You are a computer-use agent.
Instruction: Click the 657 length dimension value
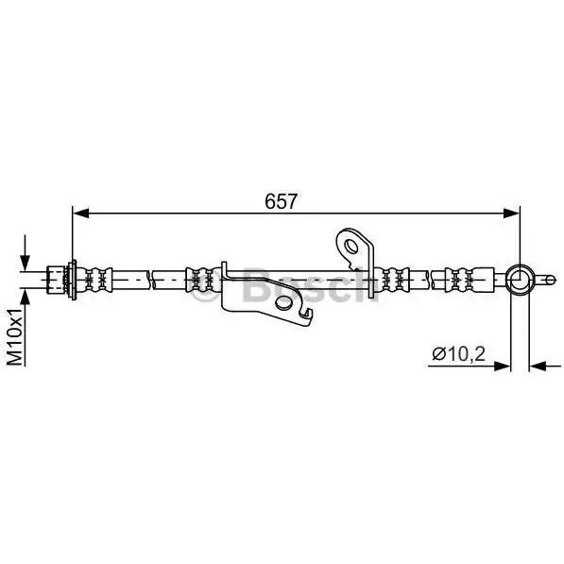coord(281,201)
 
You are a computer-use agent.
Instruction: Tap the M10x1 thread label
coord(16,336)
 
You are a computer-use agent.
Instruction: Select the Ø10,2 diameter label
coord(458,354)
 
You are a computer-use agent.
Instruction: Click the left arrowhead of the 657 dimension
coord(81,213)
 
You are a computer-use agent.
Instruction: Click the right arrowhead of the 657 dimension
coord(511,213)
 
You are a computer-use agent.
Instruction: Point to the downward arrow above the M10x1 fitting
coord(25,252)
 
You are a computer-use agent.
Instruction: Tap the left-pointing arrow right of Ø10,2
coord(545,367)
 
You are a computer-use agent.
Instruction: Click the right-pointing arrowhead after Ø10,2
coord(503,367)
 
